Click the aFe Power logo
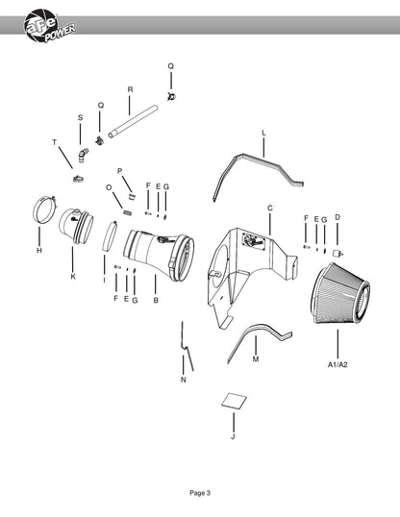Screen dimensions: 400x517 (49, 26)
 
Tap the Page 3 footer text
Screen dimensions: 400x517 (200, 493)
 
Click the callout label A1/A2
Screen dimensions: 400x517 (337, 364)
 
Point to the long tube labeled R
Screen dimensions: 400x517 (133, 121)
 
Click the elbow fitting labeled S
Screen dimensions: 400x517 (83, 155)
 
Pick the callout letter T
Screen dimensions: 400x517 (55, 142)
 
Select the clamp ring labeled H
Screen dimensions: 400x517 (45, 210)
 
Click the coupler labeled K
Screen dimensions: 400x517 (76, 226)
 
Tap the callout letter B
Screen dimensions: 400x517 (156, 301)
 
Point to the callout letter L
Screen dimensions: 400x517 (263, 133)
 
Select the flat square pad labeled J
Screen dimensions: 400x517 (234, 401)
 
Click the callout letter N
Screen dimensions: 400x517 (184, 380)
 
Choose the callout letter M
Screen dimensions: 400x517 (256, 359)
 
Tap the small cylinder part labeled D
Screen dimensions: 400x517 (338, 254)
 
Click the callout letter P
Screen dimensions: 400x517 (120, 171)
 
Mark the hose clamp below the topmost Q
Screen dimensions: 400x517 (171, 96)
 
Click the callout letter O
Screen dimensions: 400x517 (109, 187)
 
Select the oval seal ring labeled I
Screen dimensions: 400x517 (110, 236)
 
